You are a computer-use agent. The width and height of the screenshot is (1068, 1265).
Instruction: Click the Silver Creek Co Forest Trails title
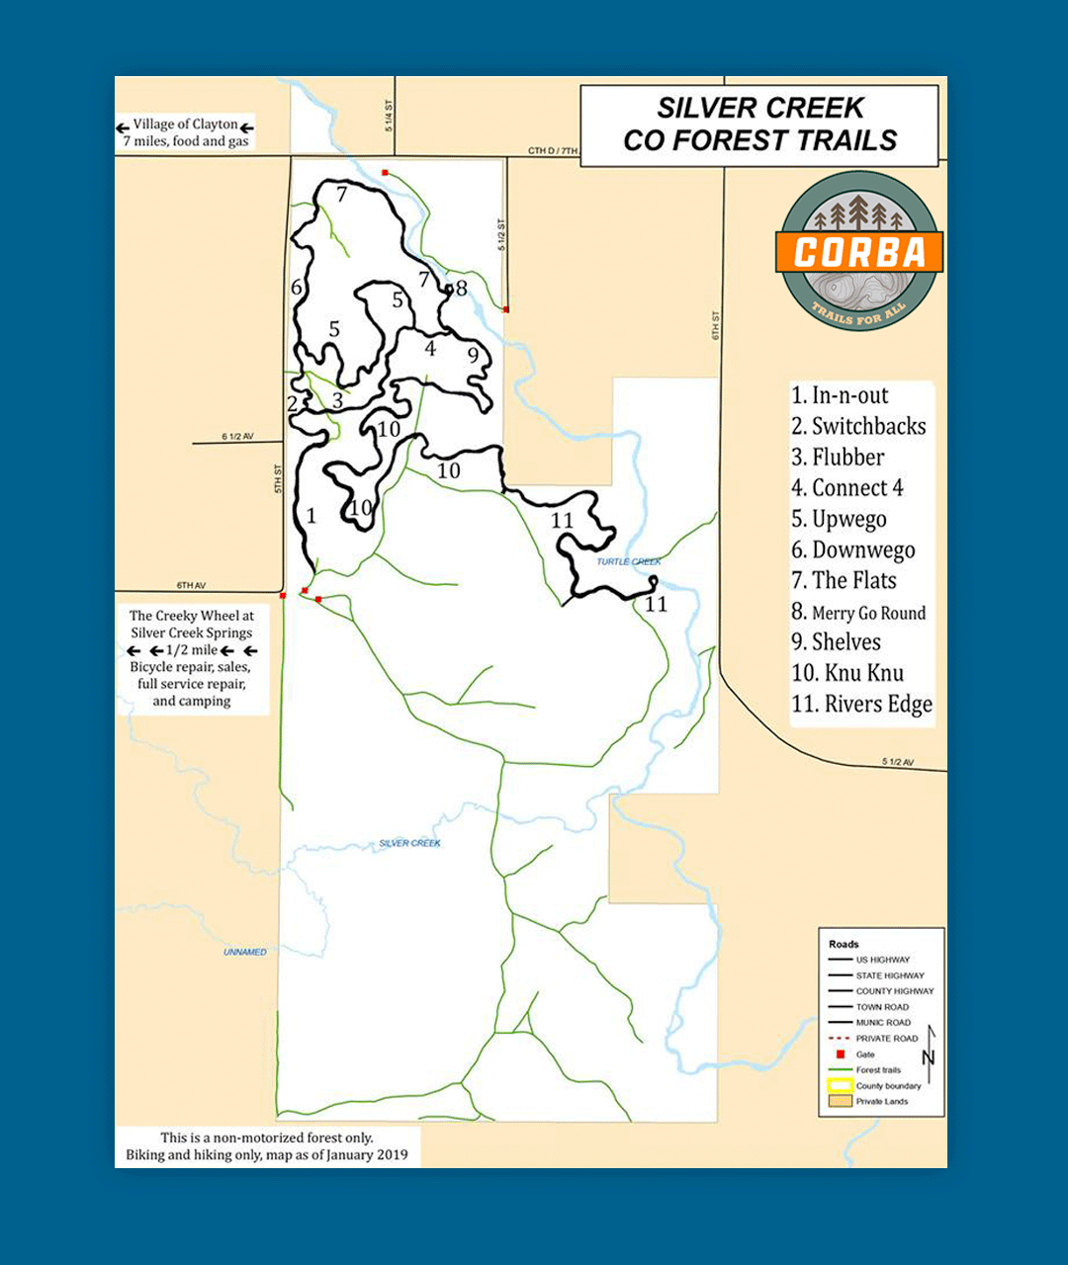[x=759, y=125]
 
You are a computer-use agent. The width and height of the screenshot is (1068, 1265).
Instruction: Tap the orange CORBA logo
[x=858, y=252]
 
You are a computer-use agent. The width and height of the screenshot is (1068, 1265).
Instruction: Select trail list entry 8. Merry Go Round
[x=858, y=612]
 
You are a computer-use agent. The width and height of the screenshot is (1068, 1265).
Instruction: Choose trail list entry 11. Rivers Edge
[x=861, y=704]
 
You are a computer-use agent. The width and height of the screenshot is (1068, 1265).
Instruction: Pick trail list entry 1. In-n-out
[x=840, y=395]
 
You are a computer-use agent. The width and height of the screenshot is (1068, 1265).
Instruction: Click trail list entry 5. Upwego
[x=839, y=519]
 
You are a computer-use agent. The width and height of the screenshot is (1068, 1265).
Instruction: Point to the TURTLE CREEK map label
[x=628, y=561]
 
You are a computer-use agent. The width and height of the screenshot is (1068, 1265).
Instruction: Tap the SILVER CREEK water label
[x=409, y=843]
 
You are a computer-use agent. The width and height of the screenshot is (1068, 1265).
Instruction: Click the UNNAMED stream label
[x=244, y=952]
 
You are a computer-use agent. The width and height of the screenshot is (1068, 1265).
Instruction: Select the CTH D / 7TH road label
[x=552, y=150]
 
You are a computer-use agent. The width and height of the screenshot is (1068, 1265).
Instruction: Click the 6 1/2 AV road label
[x=237, y=436]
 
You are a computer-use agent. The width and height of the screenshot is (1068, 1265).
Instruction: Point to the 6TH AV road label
[x=191, y=585]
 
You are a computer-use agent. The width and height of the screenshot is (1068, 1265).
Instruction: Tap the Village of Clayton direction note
[x=185, y=132]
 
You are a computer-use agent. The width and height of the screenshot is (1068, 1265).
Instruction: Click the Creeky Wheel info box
[x=192, y=658]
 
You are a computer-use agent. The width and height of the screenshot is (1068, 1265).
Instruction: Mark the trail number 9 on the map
[x=473, y=354]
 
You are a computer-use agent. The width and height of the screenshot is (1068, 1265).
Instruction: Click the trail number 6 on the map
[x=297, y=288]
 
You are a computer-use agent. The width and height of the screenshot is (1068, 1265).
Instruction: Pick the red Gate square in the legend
[x=840, y=1054]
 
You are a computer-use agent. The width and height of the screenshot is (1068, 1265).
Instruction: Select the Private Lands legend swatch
[x=840, y=1101]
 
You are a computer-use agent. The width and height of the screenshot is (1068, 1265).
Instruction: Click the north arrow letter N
[x=928, y=1056]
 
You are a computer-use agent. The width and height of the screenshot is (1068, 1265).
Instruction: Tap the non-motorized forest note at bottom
[x=267, y=1146]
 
